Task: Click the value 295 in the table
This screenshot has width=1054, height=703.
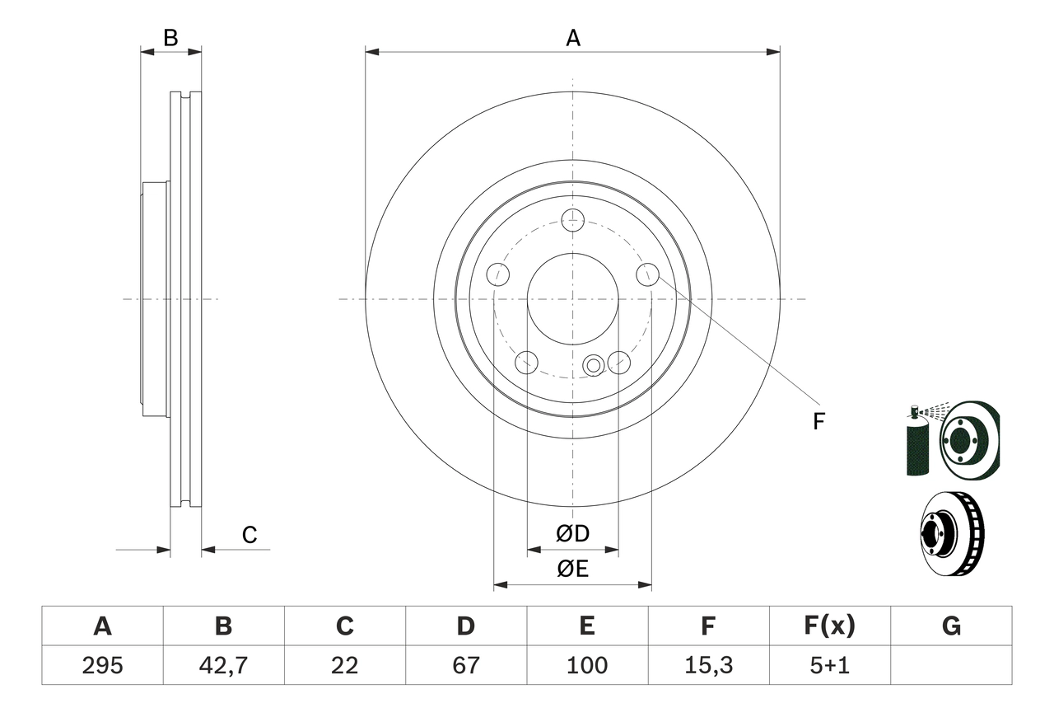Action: coord(102,665)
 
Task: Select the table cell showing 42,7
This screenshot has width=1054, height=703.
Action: coord(223,665)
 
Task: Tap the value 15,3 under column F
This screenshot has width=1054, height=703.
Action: coord(707,665)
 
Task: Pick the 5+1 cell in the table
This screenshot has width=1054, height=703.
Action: coord(829,665)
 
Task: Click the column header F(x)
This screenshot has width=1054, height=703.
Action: coord(829,626)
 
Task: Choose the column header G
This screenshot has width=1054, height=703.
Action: coord(951,626)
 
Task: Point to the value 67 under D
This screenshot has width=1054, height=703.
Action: coord(466,665)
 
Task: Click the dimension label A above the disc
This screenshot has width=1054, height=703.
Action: coord(572,38)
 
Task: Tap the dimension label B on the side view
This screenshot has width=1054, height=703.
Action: coord(170,38)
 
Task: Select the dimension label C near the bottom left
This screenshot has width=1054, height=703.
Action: coord(250,536)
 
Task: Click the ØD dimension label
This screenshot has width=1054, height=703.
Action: coord(573,534)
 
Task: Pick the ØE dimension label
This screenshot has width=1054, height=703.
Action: coord(573,569)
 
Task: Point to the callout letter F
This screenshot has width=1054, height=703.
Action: coord(818,422)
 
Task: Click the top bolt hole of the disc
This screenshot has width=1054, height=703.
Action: coord(572,220)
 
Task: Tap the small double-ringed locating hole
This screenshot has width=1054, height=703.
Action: coord(593,365)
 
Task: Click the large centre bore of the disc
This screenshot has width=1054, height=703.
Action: coord(572,298)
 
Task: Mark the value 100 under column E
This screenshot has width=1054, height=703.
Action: coord(586,665)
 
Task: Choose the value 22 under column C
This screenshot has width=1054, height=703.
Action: coord(344,665)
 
